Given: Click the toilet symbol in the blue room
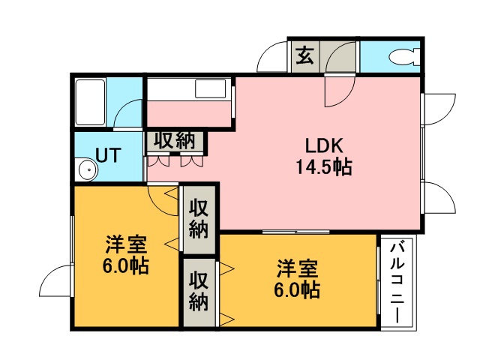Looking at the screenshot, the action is [404, 57].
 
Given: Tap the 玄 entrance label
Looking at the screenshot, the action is [305, 55].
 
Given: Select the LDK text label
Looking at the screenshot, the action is [324, 145].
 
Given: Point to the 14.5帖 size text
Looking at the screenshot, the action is [324, 166].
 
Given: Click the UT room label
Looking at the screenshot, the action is [109, 155].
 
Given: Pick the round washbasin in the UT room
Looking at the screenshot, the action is [88, 169].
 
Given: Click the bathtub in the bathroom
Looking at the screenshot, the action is [90, 102].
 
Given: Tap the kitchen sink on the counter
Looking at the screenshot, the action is [211, 88].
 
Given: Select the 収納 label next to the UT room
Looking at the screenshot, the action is [175, 141].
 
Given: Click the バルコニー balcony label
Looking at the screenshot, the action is [397, 283].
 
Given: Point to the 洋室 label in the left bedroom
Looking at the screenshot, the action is [127, 244].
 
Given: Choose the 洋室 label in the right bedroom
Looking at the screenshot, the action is [298, 268].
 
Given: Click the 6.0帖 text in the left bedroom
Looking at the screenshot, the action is [126, 265].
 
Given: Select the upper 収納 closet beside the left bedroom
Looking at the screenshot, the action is [199, 219].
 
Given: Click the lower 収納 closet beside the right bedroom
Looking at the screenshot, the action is [199, 292].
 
